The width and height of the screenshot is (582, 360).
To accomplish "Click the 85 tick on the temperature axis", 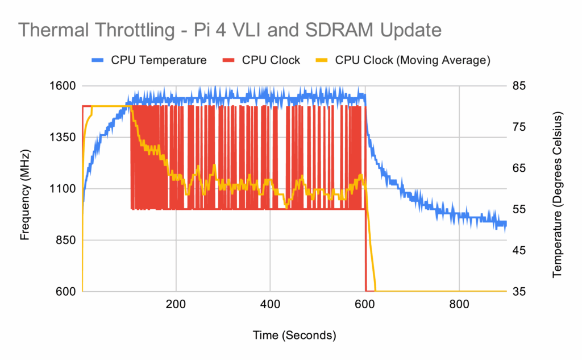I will click(x=520, y=86).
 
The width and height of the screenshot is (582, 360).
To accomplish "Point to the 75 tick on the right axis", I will click(x=520, y=127).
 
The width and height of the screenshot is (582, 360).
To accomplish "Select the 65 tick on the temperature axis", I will click(x=520, y=168).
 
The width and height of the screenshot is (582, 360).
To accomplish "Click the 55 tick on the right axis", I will click(x=520, y=209).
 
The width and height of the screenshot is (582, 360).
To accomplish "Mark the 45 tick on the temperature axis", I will click(x=520, y=250).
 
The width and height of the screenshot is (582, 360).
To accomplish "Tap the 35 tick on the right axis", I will click(x=520, y=291).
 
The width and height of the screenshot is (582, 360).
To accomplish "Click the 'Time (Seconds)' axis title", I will click(x=294, y=335).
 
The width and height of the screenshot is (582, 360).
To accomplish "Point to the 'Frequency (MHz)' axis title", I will click(x=25, y=195).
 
